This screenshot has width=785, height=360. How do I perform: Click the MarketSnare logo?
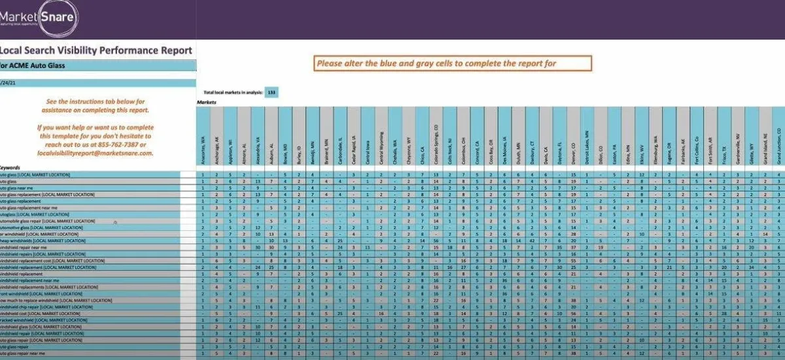click(x=39, y=19)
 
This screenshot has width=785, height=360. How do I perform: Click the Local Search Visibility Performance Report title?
click(x=96, y=50)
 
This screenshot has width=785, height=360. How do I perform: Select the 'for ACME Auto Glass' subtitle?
click(x=33, y=65)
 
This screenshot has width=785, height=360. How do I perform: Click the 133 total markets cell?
click(x=270, y=93)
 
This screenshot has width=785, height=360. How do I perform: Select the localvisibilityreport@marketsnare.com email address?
click(x=95, y=153)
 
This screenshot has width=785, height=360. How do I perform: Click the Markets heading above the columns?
click(x=206, y=103)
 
